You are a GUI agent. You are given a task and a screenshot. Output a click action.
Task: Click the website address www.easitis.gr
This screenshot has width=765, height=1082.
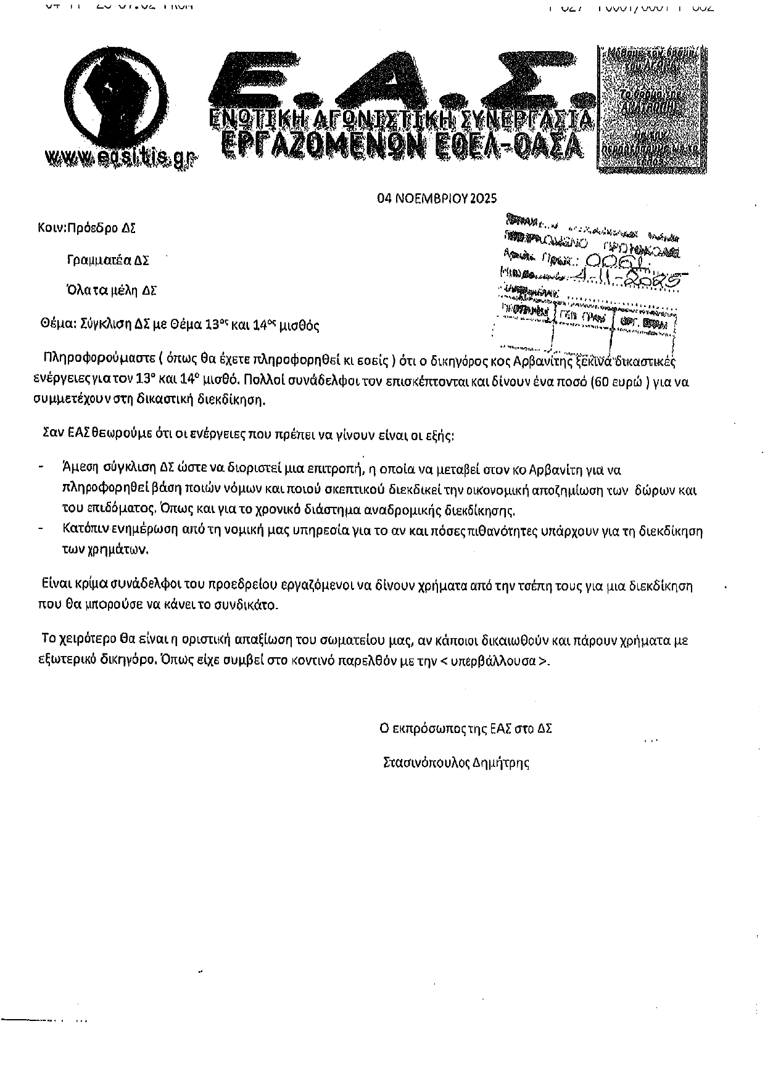pos(122,158)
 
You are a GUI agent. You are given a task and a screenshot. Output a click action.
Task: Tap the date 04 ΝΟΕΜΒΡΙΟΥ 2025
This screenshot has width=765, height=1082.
pos(437,199)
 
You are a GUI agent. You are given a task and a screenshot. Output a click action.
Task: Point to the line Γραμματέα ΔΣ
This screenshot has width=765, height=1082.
pos(108,260)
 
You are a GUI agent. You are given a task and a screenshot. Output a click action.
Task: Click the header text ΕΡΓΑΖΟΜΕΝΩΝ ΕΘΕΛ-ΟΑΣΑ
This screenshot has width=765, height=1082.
pos(401,145)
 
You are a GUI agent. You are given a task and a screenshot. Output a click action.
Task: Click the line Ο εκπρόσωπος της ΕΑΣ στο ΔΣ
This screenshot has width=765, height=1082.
pos(466,728)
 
